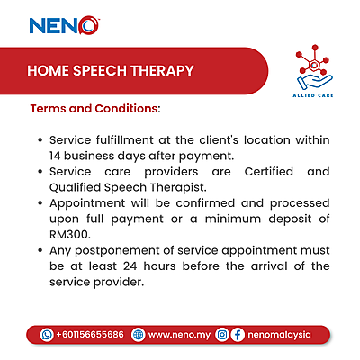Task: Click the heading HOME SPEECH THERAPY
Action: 110,70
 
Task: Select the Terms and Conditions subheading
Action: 95,109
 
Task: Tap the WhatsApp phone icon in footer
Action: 47,334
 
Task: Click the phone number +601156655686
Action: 90,334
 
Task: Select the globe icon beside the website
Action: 138,334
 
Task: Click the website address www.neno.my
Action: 180,334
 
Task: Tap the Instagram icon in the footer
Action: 221,334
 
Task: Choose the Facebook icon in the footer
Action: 238,334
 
